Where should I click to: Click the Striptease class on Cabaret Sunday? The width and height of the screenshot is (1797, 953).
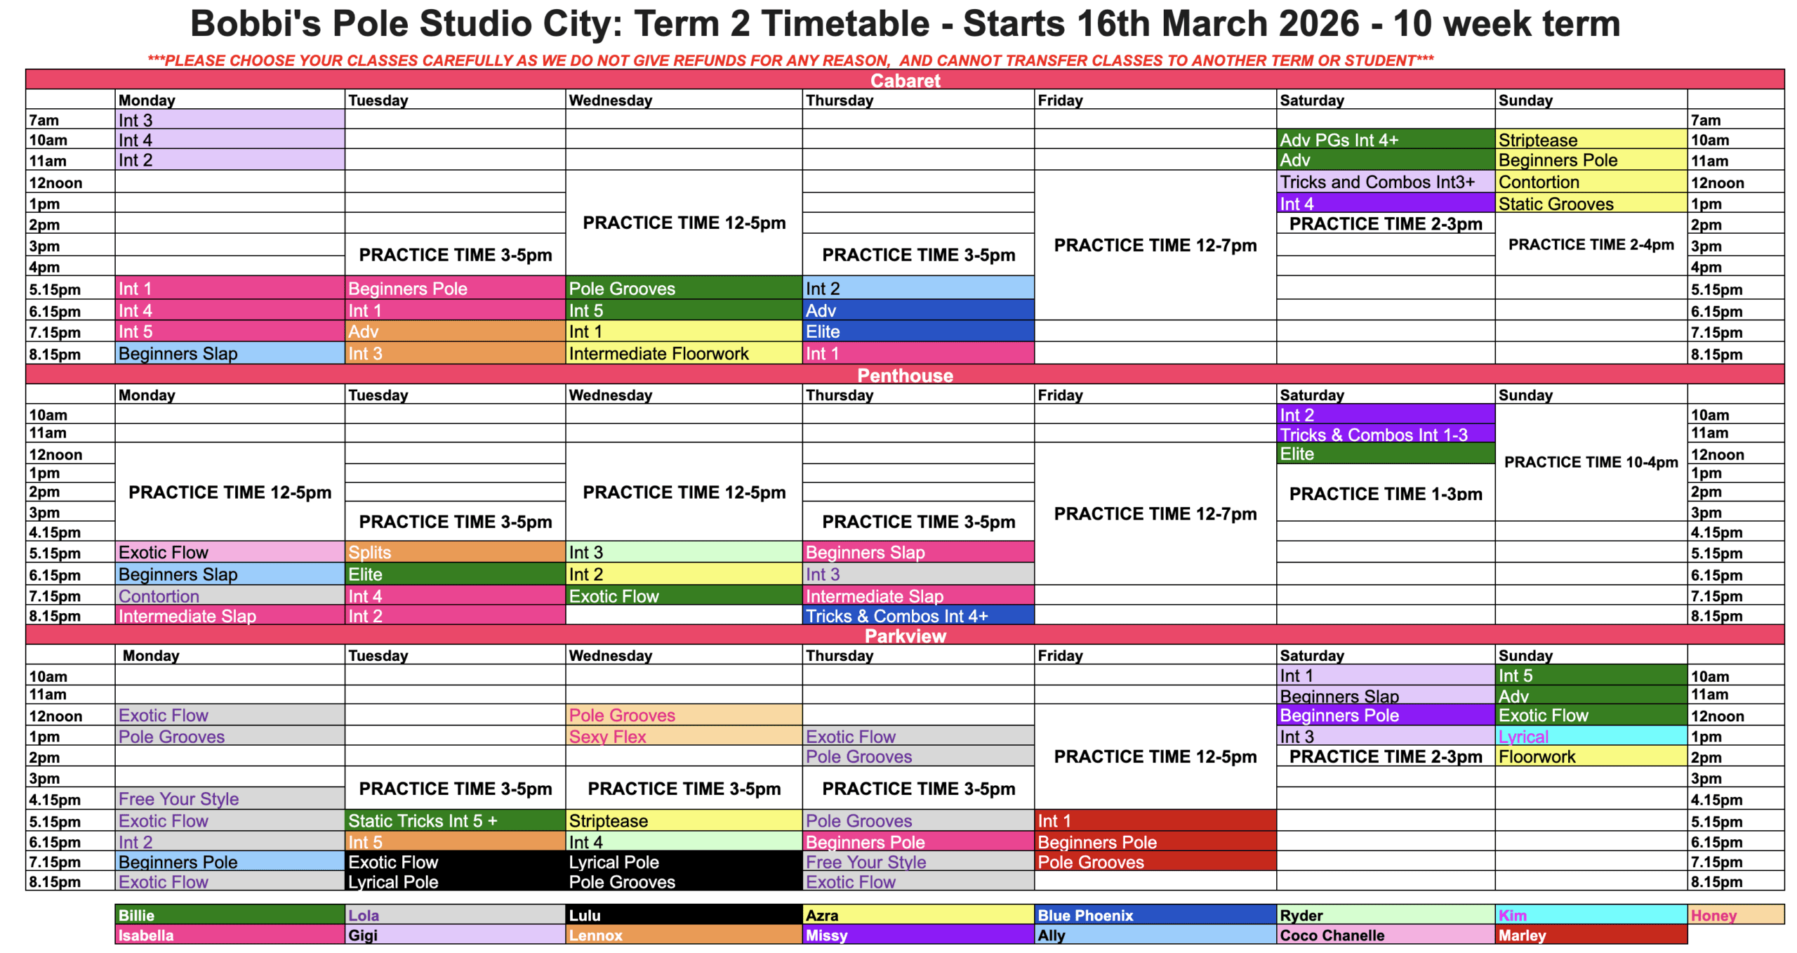pos(1590,139)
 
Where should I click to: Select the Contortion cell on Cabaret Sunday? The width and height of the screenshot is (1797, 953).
pos(1590,181)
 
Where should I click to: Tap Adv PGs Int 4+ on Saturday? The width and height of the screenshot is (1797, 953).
pos(1385,139)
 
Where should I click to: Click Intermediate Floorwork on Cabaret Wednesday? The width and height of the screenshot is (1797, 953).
pos(684,353)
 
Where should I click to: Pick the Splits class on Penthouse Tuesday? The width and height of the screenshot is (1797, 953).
pos(455,551)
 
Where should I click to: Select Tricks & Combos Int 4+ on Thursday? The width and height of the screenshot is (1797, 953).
pos(918,615)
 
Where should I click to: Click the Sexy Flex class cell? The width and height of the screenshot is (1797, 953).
pos(684,735)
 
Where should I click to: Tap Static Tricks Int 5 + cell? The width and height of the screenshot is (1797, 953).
pos(455,820)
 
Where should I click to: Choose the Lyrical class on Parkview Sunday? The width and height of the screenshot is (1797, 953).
pos(1590,735)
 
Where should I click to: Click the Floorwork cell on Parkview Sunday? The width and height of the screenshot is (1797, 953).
pos(1590,756)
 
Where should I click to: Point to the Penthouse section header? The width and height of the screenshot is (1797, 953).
pos(905,374)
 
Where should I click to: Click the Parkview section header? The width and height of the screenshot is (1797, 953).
pos(905,635)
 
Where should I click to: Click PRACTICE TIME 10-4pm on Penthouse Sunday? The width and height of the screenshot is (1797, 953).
pos(1591,461)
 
